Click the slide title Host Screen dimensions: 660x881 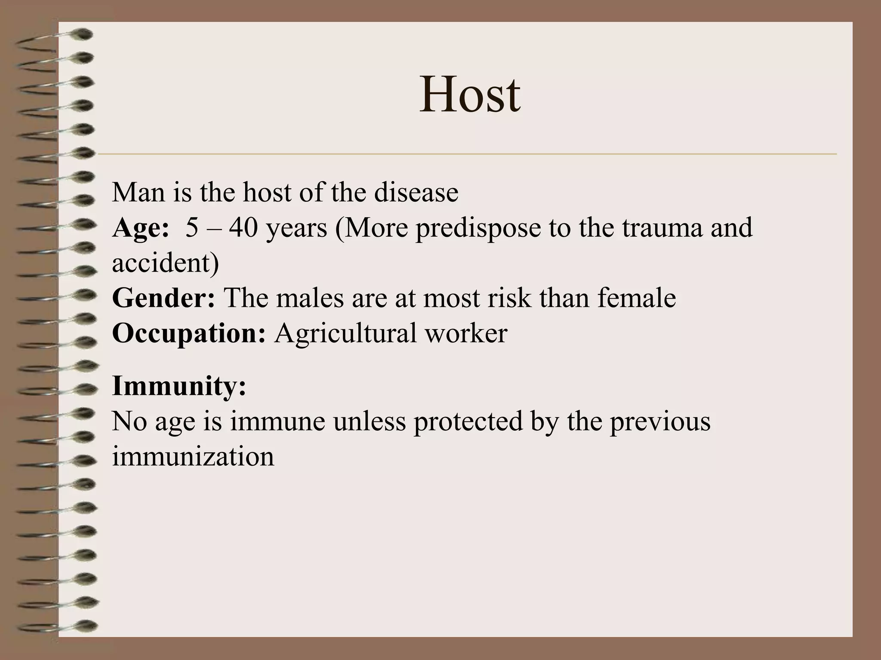click(x=470, y=95)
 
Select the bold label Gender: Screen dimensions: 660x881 click(x=163, y=298)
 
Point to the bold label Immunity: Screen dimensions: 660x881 click(x=179, y=386)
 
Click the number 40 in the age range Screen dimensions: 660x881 click(x=243, y=228)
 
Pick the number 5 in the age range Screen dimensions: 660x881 click(x=192, y=228)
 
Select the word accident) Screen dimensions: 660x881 click(x=166, y=263)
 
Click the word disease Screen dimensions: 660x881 click(x=416, y=192)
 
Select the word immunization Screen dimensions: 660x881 click(x=193, y=456)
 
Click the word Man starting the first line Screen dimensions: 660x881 click(x=139, y=192)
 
